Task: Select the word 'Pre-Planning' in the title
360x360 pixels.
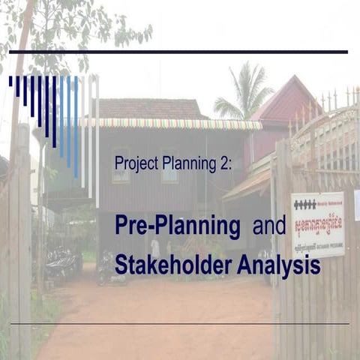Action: (178, 226)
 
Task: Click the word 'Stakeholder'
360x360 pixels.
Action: (173, 265)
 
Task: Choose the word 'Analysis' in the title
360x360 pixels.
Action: (278, 265)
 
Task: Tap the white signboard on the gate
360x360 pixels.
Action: (317, 224)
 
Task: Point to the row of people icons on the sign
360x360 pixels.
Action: (305, 204)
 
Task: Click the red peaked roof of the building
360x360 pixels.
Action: (289, 101)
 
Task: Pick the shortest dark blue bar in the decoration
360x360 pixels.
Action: (10, 80)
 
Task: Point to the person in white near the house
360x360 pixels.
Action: (154, 247)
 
